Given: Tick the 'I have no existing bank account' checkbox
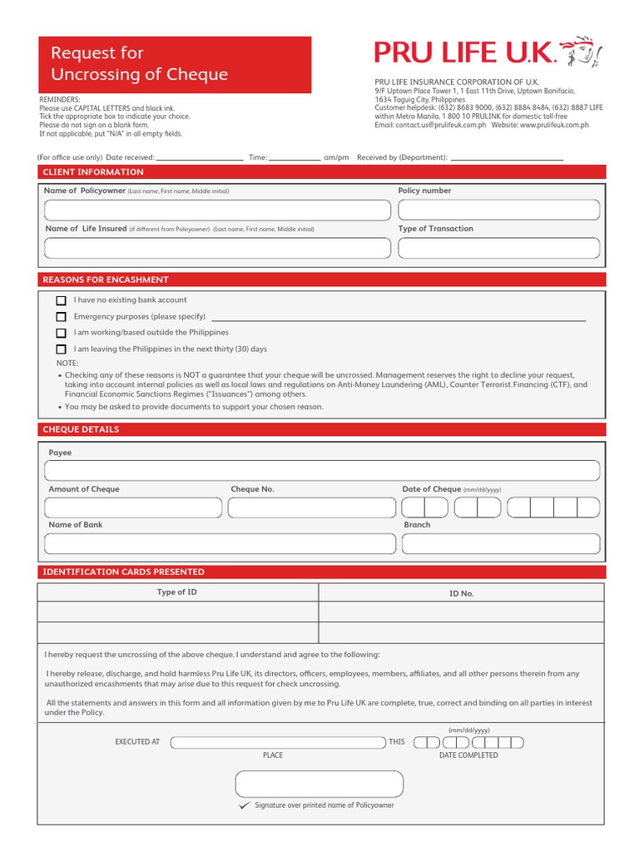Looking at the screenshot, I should click(61, 300).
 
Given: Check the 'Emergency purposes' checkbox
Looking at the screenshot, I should click(61, 317).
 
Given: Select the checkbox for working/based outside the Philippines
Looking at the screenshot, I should click(61, 333).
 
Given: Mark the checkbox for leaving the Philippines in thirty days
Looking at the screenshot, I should click(61, 349).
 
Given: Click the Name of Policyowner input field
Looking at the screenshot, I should click(216, 210).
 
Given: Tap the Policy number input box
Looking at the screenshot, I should click(498, 210).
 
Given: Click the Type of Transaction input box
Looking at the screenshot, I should click(498, 248).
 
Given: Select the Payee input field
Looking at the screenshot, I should click(322, 471).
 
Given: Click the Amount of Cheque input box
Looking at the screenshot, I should click(133, 508).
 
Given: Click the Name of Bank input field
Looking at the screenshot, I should click(220, 544).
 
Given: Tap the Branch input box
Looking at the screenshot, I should click(501, 544).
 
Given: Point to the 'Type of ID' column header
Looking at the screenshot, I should click(177, 592).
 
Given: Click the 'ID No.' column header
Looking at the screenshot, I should click(461, 593).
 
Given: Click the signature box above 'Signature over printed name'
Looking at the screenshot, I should click(319, 784).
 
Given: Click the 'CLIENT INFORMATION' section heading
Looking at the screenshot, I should click(93, 172).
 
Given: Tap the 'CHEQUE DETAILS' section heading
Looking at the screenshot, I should click(81, 429).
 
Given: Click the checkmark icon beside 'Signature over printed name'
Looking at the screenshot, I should click(243, 806).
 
